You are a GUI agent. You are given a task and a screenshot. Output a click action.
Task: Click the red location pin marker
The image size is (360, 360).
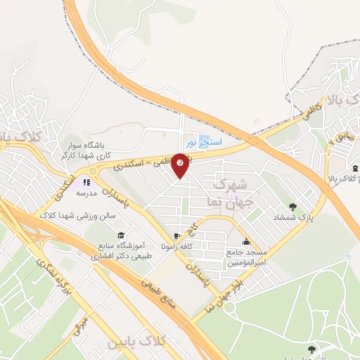click(x=181, y=165)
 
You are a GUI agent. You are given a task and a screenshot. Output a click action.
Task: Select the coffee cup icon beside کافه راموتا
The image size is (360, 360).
click(x=176, y=235)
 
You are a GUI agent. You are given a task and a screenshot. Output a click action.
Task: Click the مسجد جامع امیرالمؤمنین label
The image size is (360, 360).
click(x=245, y=257)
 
